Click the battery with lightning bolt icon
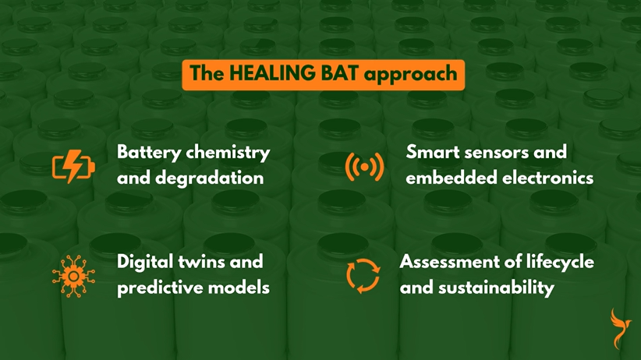[72, 166]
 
